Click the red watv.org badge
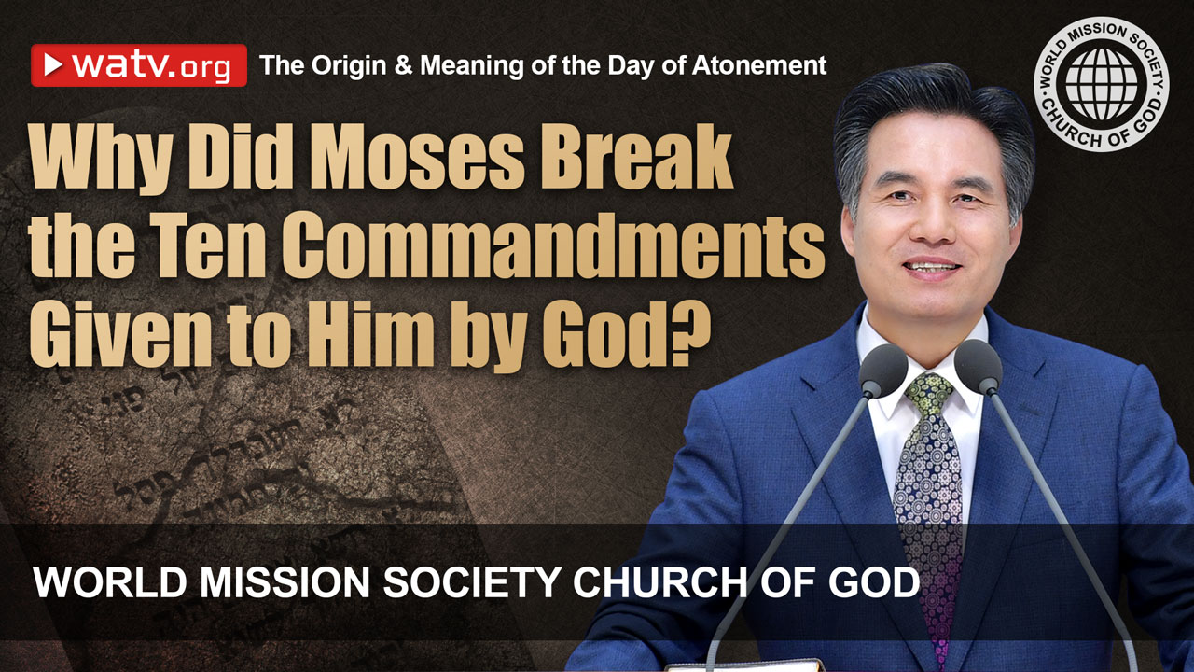pos(139,65)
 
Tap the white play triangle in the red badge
pos(53,65)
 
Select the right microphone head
pos(977,366)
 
